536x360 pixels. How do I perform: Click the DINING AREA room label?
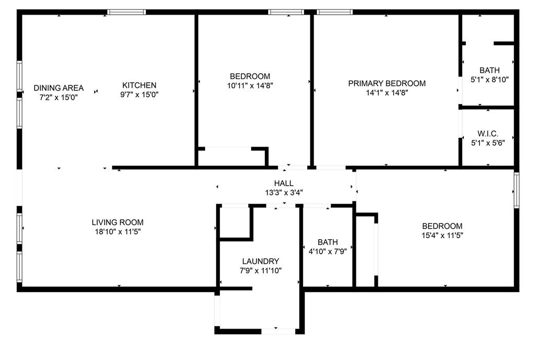click(x=59, y=88)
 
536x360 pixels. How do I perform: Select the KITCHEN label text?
click(x=139, y=85)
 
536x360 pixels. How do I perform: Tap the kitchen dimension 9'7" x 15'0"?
click(x=139, y=95)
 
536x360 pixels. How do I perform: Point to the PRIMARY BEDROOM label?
click(x=387, y=83)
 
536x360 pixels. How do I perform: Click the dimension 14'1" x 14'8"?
click(x=387, y=93)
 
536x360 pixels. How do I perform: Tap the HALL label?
click(x=284, y=184)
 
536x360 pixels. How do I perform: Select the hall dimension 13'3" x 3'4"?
click(x=284, y=193)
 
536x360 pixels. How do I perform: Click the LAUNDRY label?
click(x=261, y=262)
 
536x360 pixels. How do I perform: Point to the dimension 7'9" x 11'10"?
click(x=261, y=271)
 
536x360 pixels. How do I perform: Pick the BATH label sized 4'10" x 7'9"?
click(x=328, y=242)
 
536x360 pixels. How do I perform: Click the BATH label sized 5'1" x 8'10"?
click(x=489, y=70)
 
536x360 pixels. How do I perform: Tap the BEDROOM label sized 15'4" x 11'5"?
click(x=442, y=226)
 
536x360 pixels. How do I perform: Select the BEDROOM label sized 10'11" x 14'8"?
click(x=250, y=76)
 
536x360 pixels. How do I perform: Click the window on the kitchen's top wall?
click(x=127, y=12)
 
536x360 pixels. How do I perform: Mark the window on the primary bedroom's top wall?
click(x=334, y=12)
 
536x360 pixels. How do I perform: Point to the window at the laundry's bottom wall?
click(x=278, y=331)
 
